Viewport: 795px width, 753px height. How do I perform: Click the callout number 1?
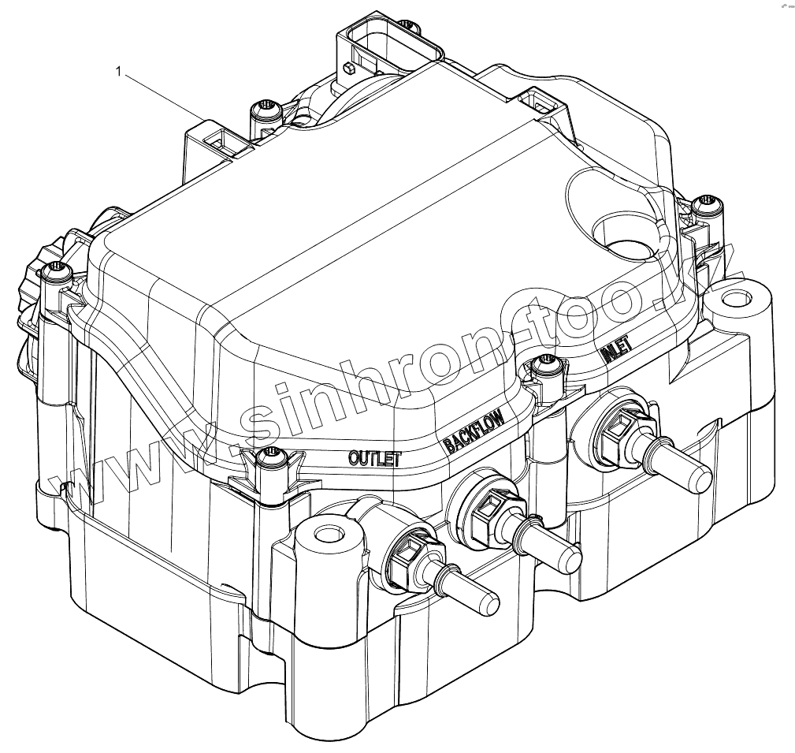point(119,72)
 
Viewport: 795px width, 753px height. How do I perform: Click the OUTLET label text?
point(375,458)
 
